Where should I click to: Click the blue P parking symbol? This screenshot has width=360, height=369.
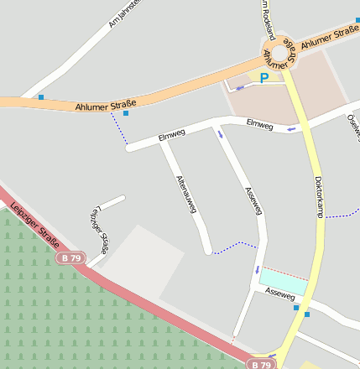coord(264,78)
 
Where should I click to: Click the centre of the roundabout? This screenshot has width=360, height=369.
coord(279,49)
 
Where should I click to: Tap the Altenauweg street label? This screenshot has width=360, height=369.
coord(186,194)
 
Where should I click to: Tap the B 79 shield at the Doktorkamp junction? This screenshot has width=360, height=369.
coord(262,365)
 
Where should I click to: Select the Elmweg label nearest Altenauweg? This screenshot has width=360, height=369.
coord(170,137)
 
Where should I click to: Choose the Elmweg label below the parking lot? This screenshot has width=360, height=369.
coord(259,124)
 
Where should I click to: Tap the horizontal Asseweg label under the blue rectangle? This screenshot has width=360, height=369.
coord(279,294)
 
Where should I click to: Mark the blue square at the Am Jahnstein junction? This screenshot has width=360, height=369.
coord(41,97)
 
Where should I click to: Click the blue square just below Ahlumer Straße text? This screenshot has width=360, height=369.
coord(126,112)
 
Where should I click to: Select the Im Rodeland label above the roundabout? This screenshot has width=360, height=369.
coord(266,15)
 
